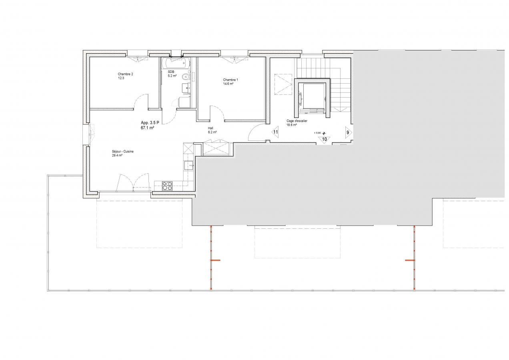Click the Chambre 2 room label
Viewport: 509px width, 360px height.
tap(125, 74)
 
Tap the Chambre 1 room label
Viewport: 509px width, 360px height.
tap(230, 80)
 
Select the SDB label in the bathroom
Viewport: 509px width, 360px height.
tap(171, 72)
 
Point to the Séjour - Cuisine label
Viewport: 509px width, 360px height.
tap(122, 152)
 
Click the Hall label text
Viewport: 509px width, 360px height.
tap(210, 128)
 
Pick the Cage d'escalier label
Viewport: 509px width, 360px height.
tap(297, 121)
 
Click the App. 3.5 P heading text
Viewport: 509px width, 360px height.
tap(150, 123)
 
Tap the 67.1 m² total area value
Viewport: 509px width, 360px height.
tap(148, 128)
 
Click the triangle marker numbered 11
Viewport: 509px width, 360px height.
tap(275, 132)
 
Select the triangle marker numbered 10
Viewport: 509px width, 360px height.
tap(324, 140)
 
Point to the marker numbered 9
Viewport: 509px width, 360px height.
tap(349, 132)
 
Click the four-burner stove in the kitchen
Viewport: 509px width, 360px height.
tap(167, 186)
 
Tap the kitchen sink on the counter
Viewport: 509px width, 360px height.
tap(188, 165)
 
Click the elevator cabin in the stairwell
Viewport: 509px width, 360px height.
tap(312, 98)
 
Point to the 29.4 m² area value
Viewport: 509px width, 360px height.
tap(117, 155)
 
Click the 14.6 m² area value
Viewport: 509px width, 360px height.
tap(228, 84)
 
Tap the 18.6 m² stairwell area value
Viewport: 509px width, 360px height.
tap(292, 125)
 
